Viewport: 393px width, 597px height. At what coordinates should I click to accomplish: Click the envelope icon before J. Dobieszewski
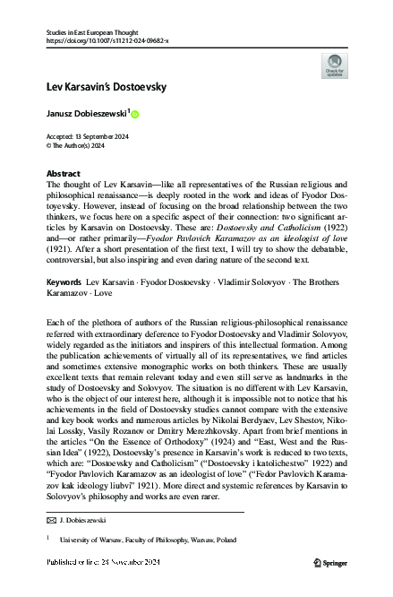click(x=49, y=519)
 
